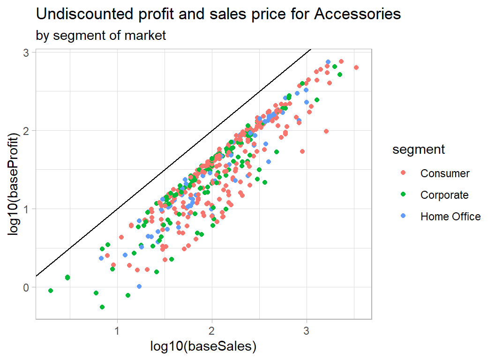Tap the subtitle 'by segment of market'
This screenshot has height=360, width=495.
click(x=101, y=36)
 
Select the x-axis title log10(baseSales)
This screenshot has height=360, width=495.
click(x=203, y=346)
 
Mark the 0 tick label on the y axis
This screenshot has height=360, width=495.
click(x=27, y=287)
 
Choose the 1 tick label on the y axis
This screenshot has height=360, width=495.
click(x=27, y=209)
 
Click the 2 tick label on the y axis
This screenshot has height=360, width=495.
click(x=27, y=131)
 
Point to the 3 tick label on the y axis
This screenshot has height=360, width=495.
click(x=27, y=53)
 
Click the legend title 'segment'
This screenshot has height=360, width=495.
click(x=419, y=150)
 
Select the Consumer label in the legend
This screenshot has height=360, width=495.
click(x=445, y=173)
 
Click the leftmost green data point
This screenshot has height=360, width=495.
click(x=51, y=291)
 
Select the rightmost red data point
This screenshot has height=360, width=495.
click(x=356, y=67)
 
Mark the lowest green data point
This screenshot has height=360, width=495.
click(x=102, y=307)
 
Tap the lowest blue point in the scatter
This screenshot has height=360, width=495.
click(x=139, y=286)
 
